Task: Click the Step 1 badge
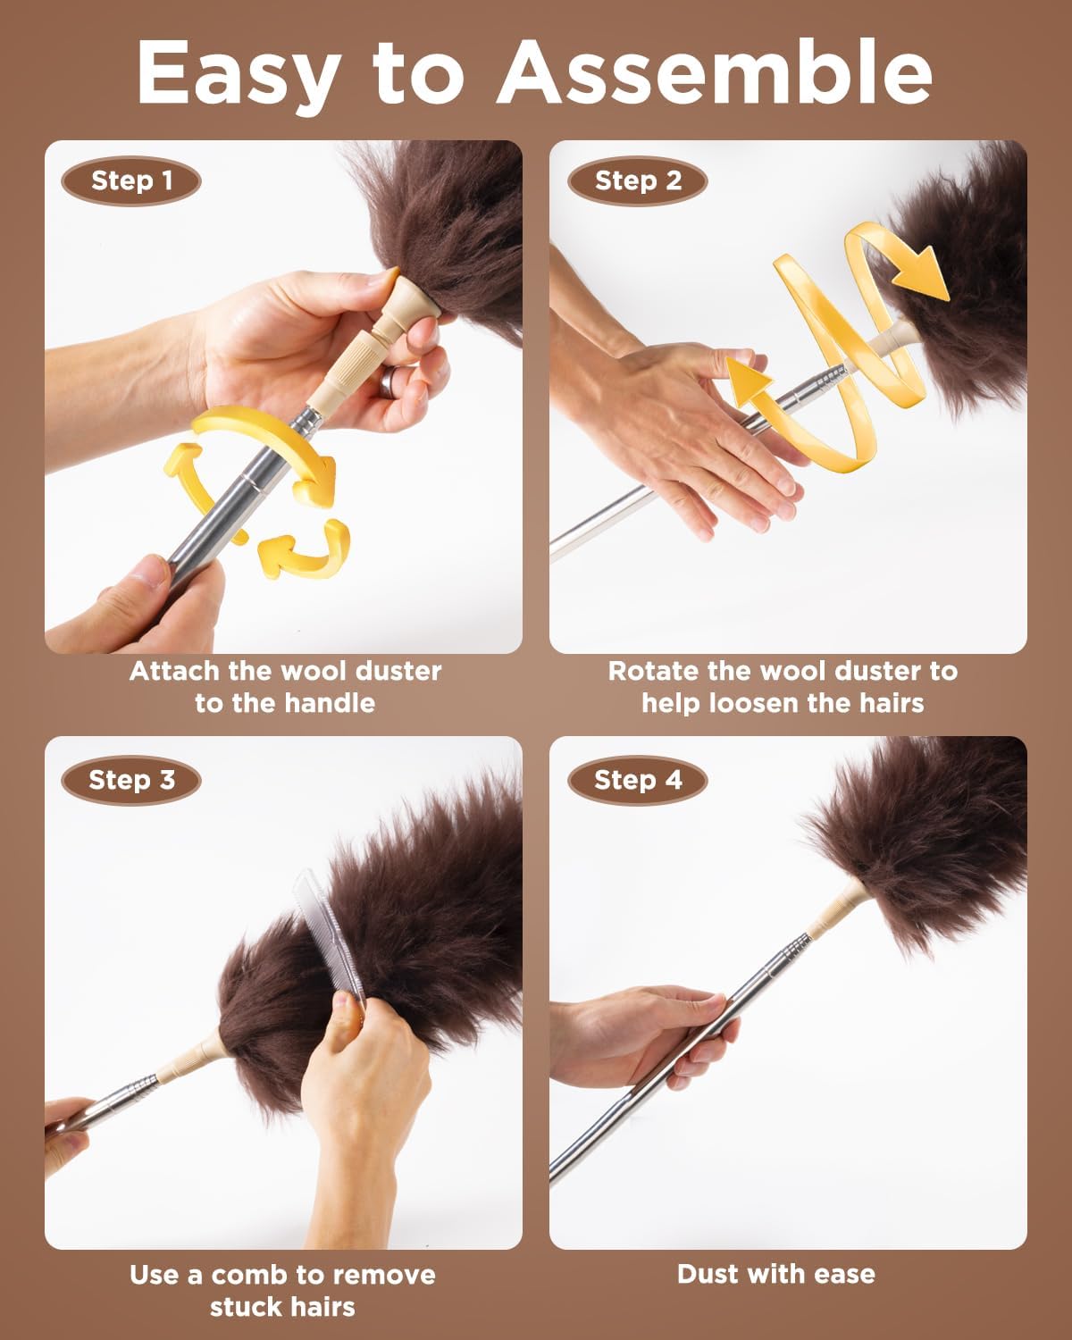131,181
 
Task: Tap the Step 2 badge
637,181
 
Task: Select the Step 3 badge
131,780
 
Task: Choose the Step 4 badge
637,780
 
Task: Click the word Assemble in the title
715,73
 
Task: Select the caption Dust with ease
775,1274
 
